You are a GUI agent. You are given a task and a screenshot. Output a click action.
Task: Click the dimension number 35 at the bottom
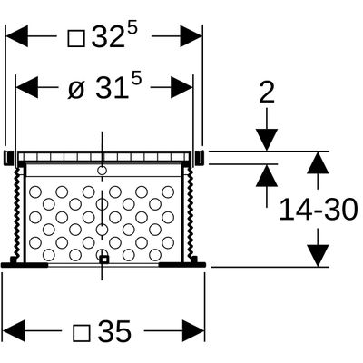click(x=114, y=331)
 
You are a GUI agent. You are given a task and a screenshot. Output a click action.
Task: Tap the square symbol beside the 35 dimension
click(x=82, y=332)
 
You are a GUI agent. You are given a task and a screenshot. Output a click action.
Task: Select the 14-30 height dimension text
click(x=319, y=209)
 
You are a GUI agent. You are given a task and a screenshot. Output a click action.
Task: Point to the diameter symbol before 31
click(x=75, y=89)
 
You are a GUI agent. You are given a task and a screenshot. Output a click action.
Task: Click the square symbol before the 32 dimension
click(x=76, y=38)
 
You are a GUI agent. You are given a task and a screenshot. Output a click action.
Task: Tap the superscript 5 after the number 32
click(x=132, y=30)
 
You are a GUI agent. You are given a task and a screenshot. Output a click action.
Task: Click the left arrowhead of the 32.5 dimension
click(x=16, y=36)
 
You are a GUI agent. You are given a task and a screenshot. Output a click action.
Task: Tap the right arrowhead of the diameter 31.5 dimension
click(x=181, y=88)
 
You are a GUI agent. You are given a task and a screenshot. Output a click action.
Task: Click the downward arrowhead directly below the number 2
click(x=267, y=140)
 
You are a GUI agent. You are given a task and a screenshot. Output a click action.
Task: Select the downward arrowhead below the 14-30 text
click(x=318, y=256)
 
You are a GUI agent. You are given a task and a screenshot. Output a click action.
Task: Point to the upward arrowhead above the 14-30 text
click(x=318, y=162)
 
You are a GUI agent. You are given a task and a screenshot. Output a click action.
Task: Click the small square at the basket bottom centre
click(x=104, y=260)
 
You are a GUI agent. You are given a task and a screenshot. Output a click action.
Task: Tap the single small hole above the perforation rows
click(x=102, y=171)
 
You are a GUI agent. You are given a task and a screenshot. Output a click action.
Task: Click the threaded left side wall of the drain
click(x=18, y=211)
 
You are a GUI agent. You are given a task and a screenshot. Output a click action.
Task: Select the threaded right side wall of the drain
click(x=190, y=211)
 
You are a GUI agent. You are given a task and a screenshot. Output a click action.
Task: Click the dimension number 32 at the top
click(x=108, y=37)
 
